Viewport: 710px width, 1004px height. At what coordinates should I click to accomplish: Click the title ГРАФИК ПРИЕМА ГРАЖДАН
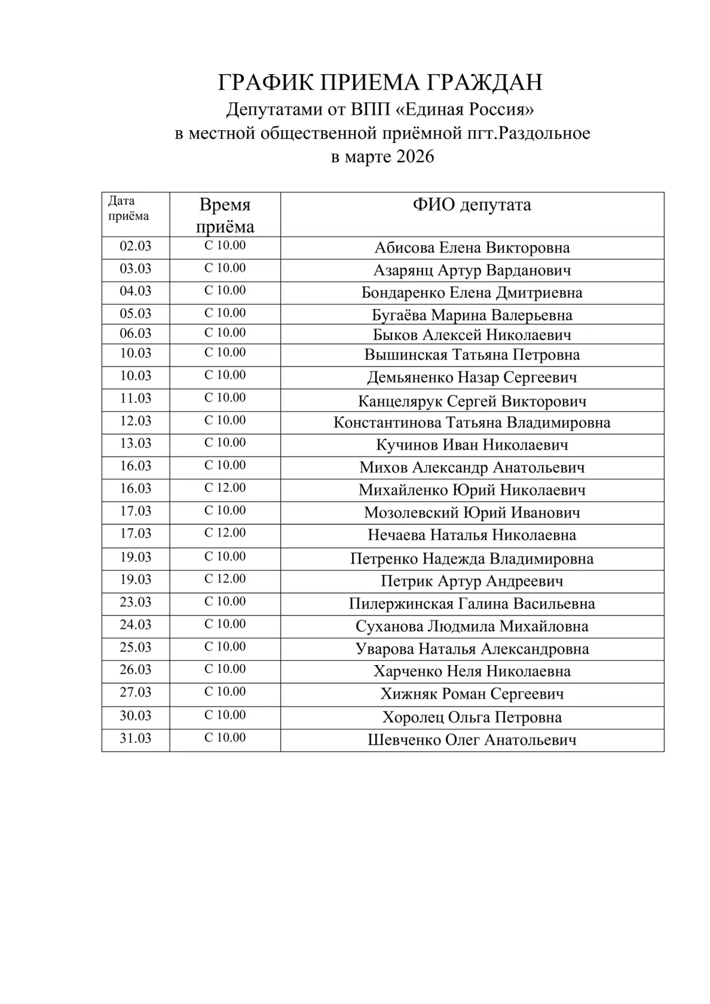[x=380, y=82]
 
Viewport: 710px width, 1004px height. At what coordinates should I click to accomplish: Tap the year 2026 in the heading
[x=414, y=157]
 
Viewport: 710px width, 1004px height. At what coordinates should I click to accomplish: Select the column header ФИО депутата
[x=472, y=205]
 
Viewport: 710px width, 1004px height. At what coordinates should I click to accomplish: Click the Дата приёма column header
[x=128, y=209]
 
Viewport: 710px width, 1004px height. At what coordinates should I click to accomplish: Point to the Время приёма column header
[x=225, y=215]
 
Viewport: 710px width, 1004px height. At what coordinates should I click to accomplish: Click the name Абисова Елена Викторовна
[x=472, y=248]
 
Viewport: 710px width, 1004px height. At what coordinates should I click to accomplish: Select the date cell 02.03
[x=136, y=246]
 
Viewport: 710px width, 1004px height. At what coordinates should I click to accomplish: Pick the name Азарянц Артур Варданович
[x=472, y=271]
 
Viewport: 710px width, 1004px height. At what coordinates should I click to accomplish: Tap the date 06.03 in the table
[x=136, y=333]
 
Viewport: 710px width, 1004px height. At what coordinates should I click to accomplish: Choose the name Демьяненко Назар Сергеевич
[x=472, y=378]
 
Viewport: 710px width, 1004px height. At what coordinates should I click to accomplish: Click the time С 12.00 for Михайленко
[x=225, y=488]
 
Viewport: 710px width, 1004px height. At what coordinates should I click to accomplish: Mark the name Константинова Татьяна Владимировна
[x=472, y=423]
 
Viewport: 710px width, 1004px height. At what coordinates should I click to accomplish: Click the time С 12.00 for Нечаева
[x=225, y=533]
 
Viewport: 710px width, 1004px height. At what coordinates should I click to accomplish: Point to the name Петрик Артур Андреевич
[x=472, y=581]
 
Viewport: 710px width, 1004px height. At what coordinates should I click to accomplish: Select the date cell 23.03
[x=136, y=602]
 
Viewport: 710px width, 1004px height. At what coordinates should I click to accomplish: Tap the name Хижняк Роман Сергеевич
[x=472, y=694]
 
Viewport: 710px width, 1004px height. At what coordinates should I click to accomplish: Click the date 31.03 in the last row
[x=136, y=739]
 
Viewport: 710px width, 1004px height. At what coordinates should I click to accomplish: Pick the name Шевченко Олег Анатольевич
[x=472, y=740]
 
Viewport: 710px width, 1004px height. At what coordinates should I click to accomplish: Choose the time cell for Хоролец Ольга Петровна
[x=225, y=715]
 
